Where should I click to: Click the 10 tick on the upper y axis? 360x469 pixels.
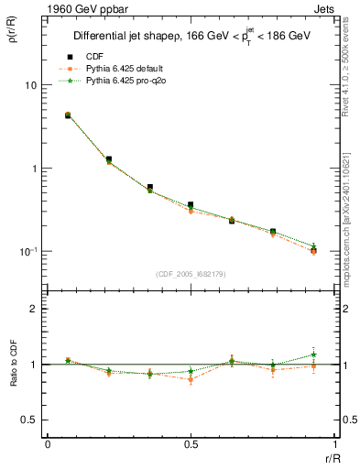pos(30,85)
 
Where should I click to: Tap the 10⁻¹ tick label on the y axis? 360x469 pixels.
pos(27,250)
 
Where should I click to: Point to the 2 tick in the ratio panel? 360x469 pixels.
pos(34,309)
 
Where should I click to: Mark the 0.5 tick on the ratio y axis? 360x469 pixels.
pos(28,420)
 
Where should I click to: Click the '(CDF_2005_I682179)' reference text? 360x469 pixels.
pos(191,272)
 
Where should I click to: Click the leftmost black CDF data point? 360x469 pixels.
pos(68,115)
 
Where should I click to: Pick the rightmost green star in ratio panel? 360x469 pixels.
pos(313,354)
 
